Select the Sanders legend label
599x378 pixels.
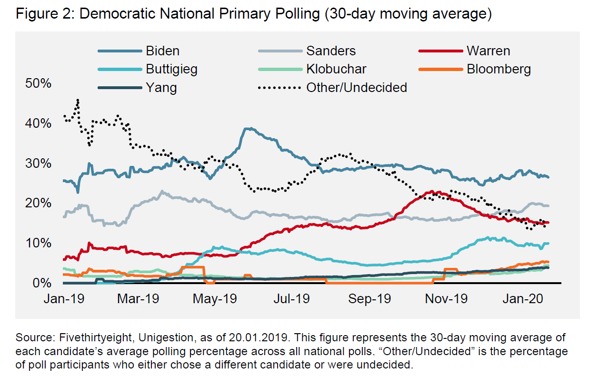(331, 51)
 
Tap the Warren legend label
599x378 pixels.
(488, 51)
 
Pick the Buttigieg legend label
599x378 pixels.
(171, 69)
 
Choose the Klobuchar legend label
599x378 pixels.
(336, 69)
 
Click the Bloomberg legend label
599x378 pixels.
(499, 69)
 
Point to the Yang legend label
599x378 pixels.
(161, 87)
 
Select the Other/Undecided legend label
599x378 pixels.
(357, 87)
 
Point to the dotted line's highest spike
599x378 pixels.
(78, 100)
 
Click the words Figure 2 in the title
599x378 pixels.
(44, 14)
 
